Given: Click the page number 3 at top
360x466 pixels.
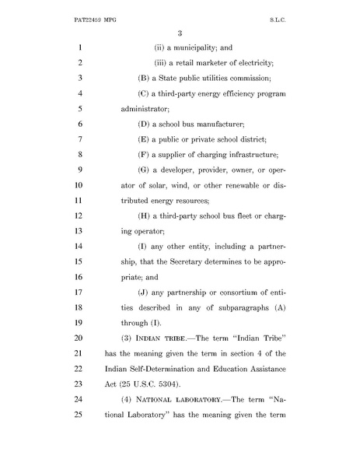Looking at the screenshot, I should [x=180, y=31].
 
